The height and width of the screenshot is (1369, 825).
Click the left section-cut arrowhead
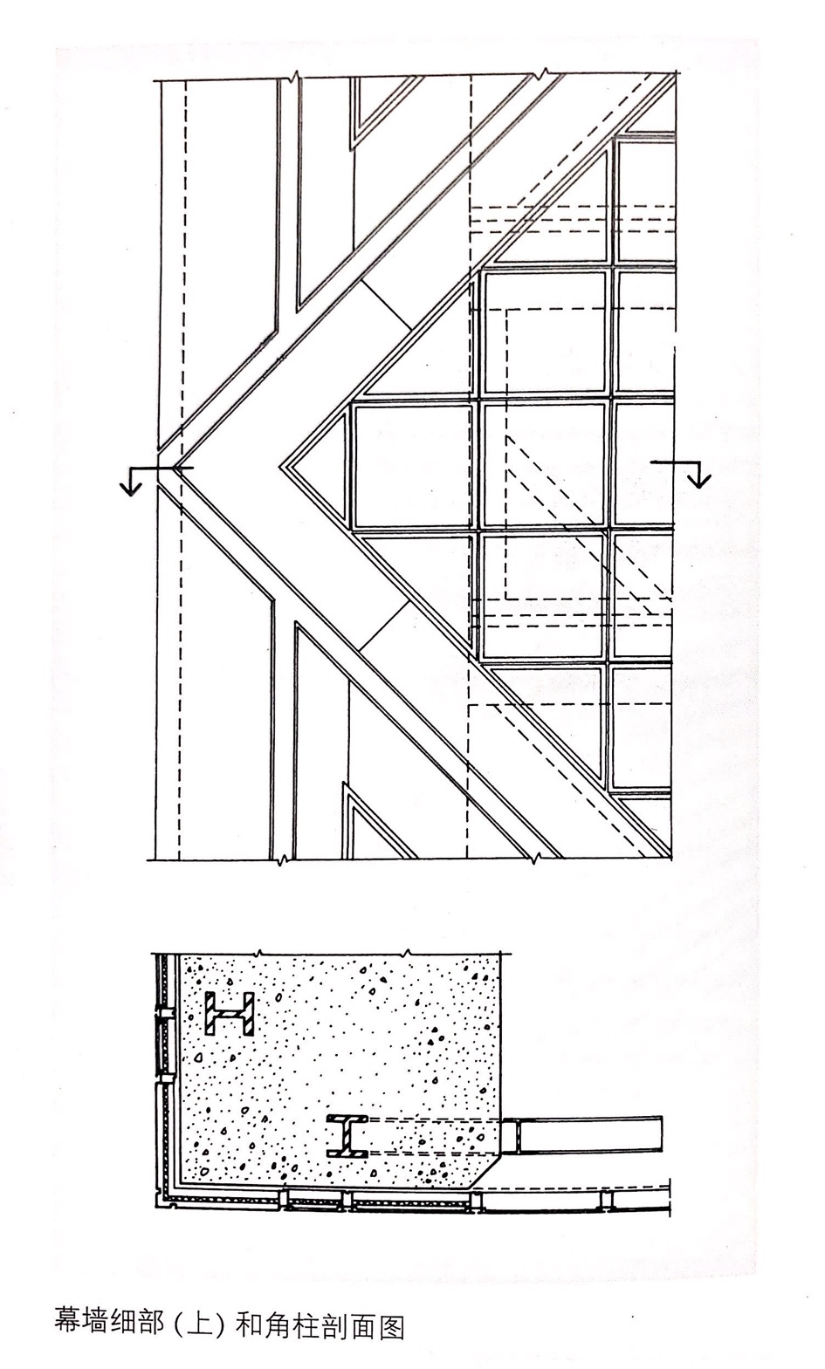tap(130, 488)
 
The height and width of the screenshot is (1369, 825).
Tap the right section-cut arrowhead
tap(699, 480)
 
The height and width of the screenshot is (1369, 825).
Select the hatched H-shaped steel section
tap(229, 1014)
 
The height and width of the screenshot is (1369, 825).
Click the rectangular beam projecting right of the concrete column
tap(582, 1135)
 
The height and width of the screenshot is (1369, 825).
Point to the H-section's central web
tap(229, 1014)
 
